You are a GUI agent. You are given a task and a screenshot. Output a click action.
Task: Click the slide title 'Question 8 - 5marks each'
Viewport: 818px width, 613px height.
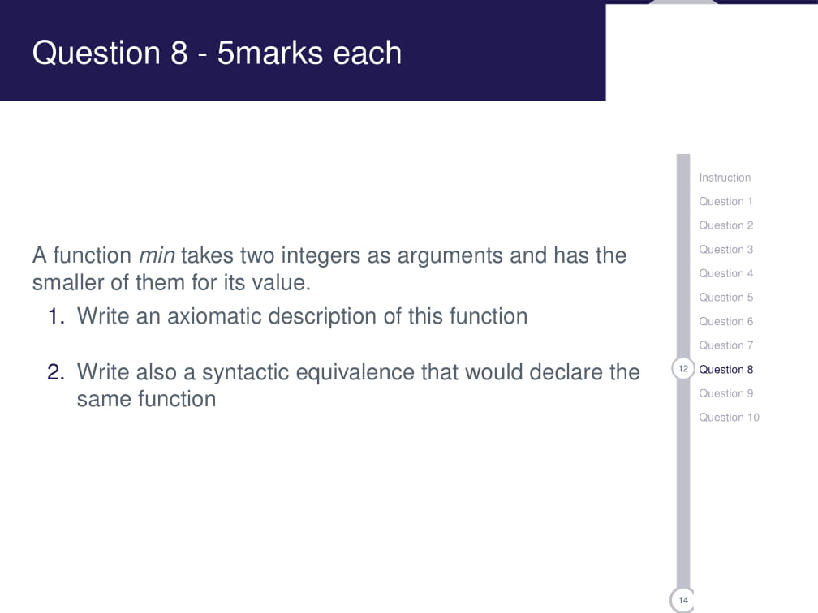click(217, 53)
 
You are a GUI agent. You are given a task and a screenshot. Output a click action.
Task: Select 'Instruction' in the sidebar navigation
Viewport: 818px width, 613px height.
click(725, 178)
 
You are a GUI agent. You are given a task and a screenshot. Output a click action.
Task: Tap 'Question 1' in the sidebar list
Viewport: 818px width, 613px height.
click(725, 201)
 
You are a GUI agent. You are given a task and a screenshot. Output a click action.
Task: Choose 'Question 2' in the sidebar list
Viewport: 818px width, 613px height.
click(725, 225)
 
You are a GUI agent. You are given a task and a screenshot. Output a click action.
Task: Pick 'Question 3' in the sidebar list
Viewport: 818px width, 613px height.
click(725, 249)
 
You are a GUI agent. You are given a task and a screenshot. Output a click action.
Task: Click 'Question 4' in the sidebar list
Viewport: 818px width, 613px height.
click(725, 273)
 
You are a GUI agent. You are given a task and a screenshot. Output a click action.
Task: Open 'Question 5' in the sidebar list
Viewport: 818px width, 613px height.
click(725, 298)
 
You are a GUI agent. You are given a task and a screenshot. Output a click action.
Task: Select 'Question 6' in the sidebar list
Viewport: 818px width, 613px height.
click(725, 321)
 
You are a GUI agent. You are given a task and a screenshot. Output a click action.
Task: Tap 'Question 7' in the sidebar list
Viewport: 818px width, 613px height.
click(725, 345)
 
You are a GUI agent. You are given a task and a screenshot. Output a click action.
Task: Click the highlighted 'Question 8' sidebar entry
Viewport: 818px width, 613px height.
click(725, 369)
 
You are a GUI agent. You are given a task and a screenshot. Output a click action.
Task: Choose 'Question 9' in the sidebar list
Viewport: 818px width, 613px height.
click(725, 393)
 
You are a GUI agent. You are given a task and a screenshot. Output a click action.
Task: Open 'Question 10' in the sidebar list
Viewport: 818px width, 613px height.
click(729, 418)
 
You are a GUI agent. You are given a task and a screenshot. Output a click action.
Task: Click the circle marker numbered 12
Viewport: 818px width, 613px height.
click(683, 369)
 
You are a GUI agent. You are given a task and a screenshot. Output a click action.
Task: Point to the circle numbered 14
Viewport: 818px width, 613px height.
click(683, 600)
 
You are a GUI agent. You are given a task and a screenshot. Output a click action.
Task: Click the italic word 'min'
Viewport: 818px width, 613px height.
click(157, 256)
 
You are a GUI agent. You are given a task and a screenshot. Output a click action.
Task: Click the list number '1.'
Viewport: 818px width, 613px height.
click(56, 316)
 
